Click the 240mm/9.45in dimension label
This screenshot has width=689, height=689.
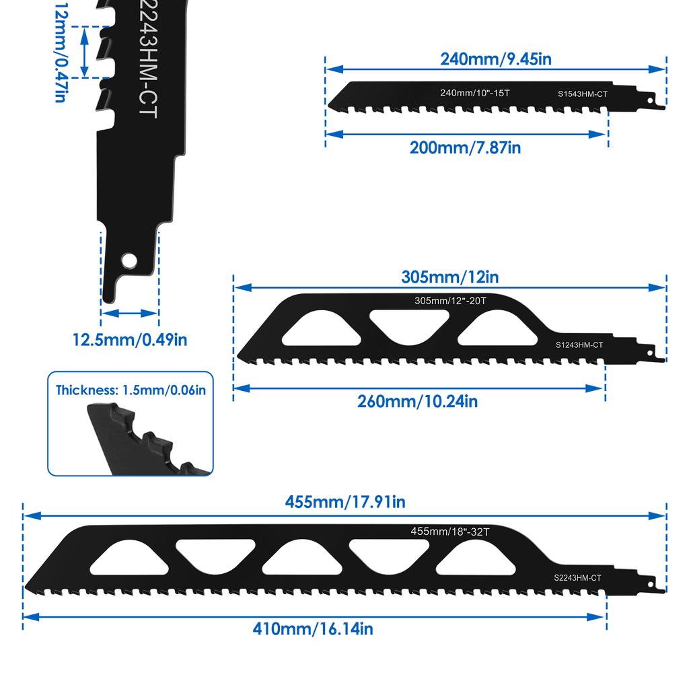(496, 59)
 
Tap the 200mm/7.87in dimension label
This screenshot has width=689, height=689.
(465, 147)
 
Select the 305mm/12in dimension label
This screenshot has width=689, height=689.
(450, 277)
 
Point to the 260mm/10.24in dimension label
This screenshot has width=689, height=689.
(417, 401)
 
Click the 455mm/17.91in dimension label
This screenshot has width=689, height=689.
(345, 502)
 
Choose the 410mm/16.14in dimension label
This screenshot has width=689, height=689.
(313, 629)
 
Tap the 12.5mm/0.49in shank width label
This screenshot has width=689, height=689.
(130, 339)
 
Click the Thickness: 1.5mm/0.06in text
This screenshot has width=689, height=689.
(131, 390)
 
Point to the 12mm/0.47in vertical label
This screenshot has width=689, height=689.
(60, 52)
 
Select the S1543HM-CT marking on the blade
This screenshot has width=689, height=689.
(582, 95)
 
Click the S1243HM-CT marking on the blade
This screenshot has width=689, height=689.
(579, 345)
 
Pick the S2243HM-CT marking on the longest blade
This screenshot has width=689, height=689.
(577, 577)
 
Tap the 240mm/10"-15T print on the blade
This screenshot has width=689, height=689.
(474, 92)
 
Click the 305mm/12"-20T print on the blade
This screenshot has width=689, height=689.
(450, 301)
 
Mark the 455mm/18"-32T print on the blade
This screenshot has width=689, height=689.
(450, 531)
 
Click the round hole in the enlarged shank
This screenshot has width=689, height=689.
(128, 260)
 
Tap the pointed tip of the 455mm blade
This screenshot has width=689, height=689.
(27, 585)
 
